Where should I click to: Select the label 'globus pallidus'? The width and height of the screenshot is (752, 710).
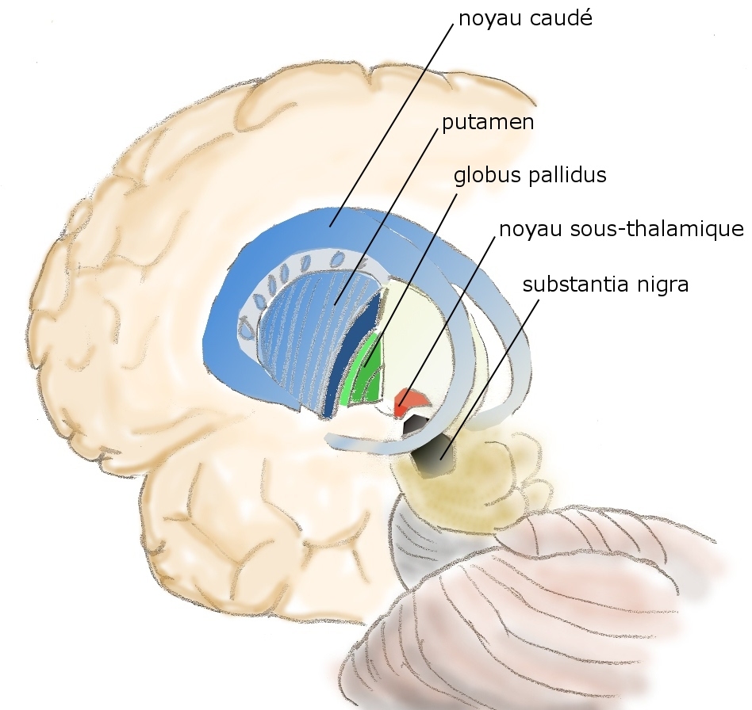530,175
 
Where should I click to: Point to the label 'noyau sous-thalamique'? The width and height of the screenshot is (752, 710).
620,230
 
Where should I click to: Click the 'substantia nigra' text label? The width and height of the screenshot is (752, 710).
605,284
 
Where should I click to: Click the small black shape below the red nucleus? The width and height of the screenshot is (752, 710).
412,427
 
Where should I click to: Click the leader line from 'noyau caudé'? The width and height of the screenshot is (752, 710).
397,119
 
